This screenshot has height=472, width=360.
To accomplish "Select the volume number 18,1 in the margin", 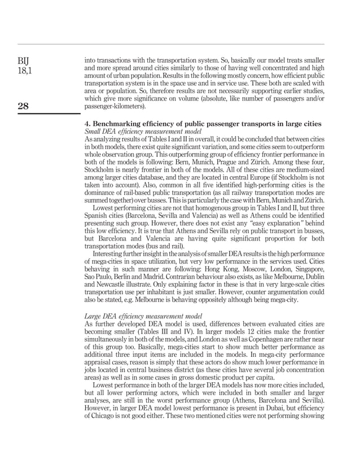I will tap(26, 69).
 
